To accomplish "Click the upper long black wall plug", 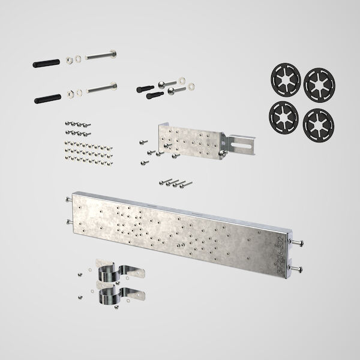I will [x=45, y=62].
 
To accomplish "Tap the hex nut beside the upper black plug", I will [x=69, y=60].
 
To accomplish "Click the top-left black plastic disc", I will [x=281, y=81].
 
